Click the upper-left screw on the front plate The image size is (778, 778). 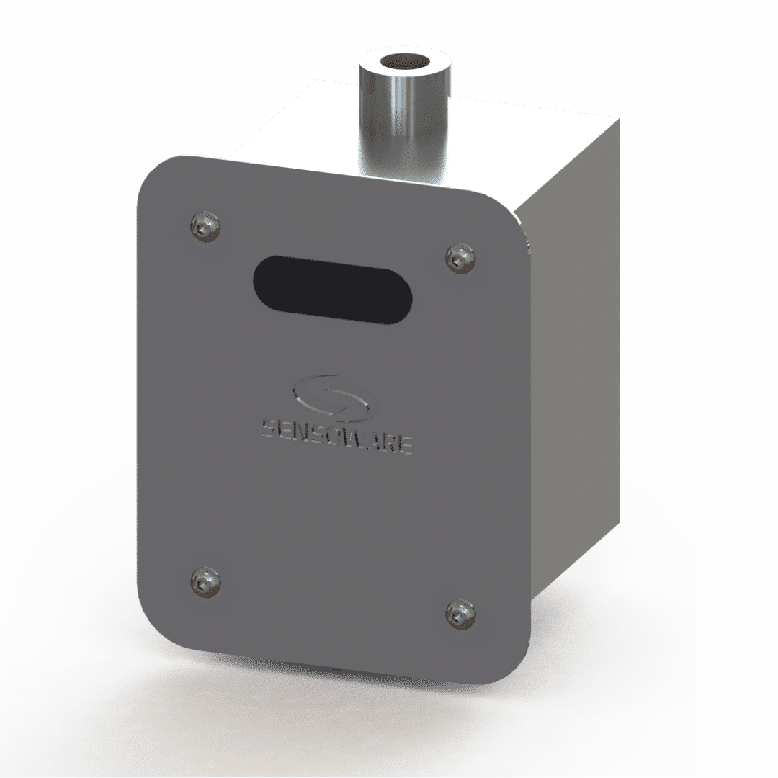pos(205,226)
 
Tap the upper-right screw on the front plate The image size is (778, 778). pos(460,257)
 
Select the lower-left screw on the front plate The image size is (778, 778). pos(205,581)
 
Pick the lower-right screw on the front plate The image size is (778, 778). pos(460,612)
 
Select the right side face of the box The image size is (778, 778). pos(576,360)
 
